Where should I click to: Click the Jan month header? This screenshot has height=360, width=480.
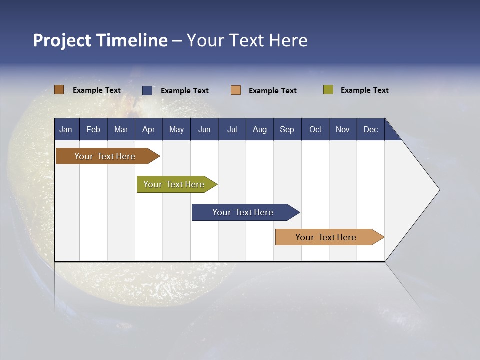point(66,129)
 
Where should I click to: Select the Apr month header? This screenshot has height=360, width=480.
point(148,129)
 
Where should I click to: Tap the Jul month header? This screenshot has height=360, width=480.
point(232,129)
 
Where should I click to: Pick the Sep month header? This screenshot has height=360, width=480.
point(287,129)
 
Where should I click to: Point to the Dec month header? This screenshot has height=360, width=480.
point(370,129)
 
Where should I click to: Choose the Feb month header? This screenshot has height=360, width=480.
point(93,129)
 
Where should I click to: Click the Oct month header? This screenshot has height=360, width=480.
point(315,129)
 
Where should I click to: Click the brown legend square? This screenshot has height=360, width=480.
point(59,90)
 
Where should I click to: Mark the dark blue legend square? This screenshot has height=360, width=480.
point(147,90)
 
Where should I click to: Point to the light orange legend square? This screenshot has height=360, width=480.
point(236,90)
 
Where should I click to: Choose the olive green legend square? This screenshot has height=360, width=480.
point(328,90)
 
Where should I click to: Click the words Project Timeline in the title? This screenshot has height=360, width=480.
point(100,40)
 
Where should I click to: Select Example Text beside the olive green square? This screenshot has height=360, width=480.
point(364,90)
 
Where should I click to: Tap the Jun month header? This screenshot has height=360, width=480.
point(204,129)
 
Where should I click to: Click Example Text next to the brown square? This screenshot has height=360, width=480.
point(97,90)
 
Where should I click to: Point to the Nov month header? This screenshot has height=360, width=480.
point(343,129)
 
